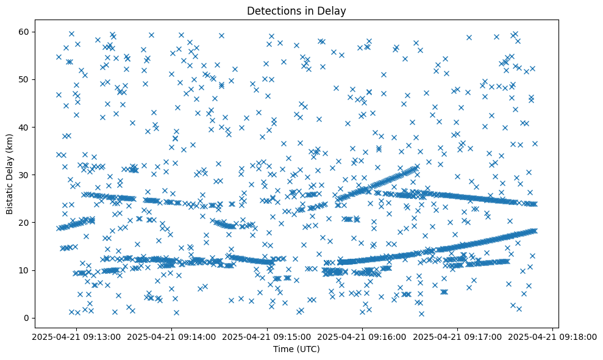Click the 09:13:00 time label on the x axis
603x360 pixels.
[x=77, y=336]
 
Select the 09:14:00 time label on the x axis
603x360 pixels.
[x=172, y=336]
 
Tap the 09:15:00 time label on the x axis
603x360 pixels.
[x=267, y=336]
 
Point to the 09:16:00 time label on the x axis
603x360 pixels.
[x=362, y=336]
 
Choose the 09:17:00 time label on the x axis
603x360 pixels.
[x=457, y=336]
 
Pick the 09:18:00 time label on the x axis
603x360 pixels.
[x=552, y=336]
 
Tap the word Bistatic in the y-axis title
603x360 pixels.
[x=10, y=195]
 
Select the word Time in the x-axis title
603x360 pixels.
[x=282, y=349]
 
